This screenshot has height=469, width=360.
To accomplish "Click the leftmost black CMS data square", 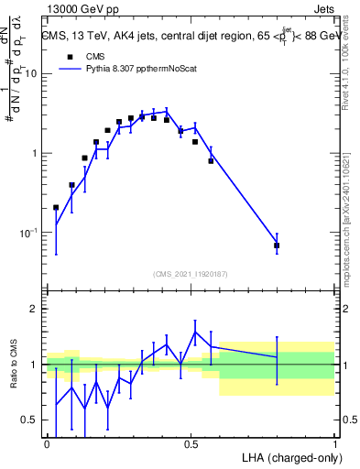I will [57, 207].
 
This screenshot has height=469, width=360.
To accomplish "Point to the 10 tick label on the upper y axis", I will [31, 74].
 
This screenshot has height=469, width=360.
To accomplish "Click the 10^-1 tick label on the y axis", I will [30, 233].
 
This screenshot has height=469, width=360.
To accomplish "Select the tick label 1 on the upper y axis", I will [35, 153].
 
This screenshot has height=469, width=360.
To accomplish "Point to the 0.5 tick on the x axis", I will [191, 443].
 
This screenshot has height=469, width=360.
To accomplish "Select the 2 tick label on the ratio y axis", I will [34, 309].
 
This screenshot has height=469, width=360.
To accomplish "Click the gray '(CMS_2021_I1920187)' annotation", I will [191, 274].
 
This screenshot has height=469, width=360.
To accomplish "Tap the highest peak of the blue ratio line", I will [195, 332].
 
